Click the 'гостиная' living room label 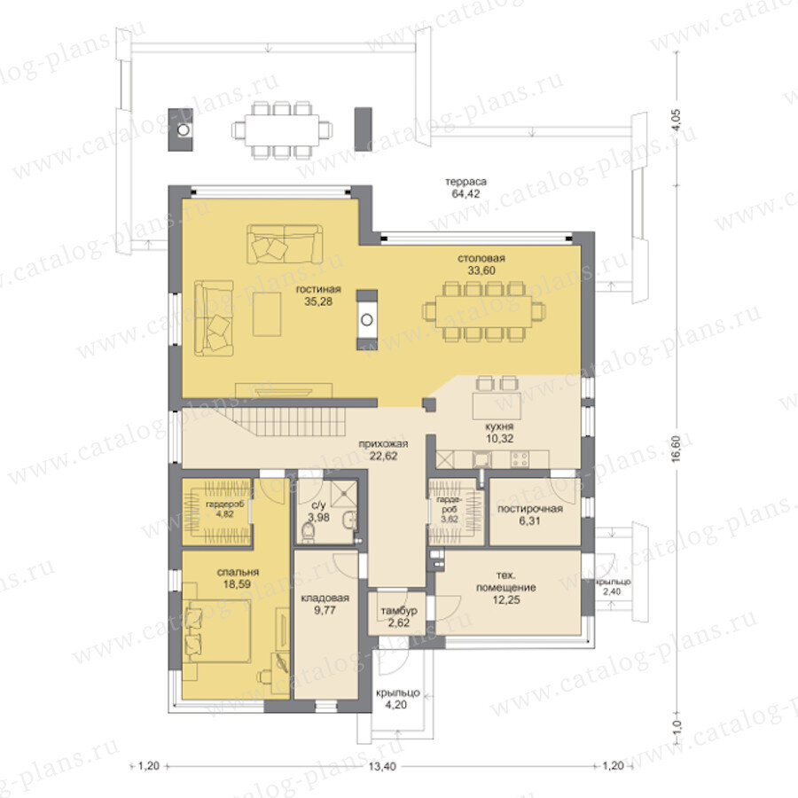318,289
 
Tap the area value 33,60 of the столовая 481,270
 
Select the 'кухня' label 499,426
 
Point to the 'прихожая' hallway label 383,444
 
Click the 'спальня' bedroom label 238,572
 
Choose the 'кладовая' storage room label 325,598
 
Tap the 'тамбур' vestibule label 399,610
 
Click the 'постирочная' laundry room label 530,509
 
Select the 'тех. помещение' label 506,581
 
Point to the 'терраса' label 465,182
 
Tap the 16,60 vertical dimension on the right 677,448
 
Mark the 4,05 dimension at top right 677,121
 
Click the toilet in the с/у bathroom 309,532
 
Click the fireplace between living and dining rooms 366,319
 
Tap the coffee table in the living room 267,314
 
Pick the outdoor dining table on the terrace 282,131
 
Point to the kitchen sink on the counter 481,459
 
